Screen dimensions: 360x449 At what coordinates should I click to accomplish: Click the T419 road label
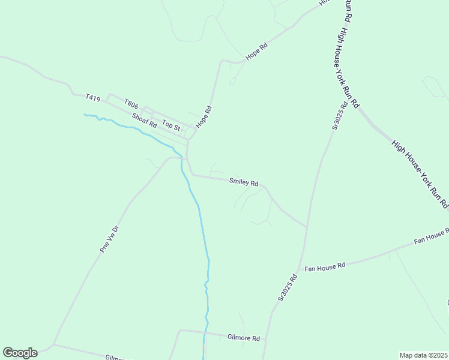click(92, 97)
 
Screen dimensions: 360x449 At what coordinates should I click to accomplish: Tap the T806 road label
click(131, 104)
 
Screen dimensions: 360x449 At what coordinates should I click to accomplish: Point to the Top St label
click(171, 126)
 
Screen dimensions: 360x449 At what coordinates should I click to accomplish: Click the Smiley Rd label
click(244, 182)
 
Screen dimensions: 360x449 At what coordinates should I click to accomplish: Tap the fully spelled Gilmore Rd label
click(243, 338)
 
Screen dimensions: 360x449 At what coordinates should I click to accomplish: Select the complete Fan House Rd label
click(325, 265)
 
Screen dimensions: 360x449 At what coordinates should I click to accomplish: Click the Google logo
click(20, 353)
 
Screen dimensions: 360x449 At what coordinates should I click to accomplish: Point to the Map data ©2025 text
click(423, 355)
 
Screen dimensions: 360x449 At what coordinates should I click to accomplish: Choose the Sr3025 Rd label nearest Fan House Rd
click(288, 287)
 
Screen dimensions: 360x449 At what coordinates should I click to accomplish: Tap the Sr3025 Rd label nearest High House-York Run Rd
click(340, 116)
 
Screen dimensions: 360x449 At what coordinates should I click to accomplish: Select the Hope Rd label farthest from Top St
click(256, 52)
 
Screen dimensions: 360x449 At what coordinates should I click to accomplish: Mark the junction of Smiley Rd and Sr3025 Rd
click(307, 227)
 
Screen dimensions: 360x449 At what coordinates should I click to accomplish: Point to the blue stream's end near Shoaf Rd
click(85, 114)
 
